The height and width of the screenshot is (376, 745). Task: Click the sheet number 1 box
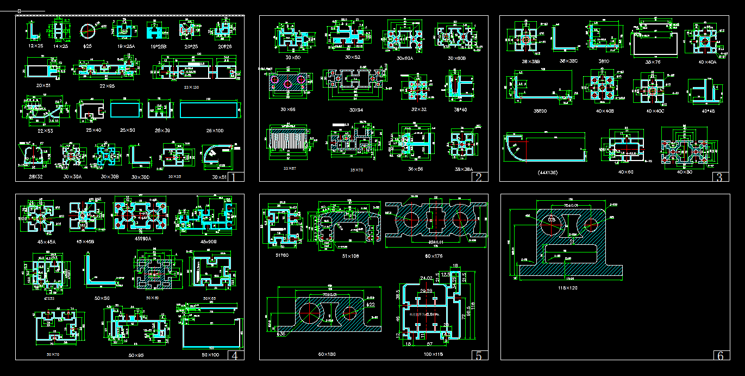pyautogui.click(x=233, y=177)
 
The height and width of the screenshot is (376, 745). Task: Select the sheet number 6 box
pyautogui.click(x=721, y=356)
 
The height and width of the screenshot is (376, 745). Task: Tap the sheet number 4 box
pyautogui.click(x=234, y=356)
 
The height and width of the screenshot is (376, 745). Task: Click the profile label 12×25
pyautogui.click(x=35, y=46)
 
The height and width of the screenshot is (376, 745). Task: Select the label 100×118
pyautogui.click(x=433, y=354)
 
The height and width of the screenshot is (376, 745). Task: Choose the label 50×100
pyautogui.click(x=211, y=355)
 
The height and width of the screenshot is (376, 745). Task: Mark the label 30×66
pyautogui.click(x=287, y=109)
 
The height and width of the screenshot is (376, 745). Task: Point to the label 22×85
pyautogui.click(x=107, y=86)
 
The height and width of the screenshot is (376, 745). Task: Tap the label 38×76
pyautogui.click(x=653, y=62)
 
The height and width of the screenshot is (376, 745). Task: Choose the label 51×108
pyautogui.click(x=351, y=255)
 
